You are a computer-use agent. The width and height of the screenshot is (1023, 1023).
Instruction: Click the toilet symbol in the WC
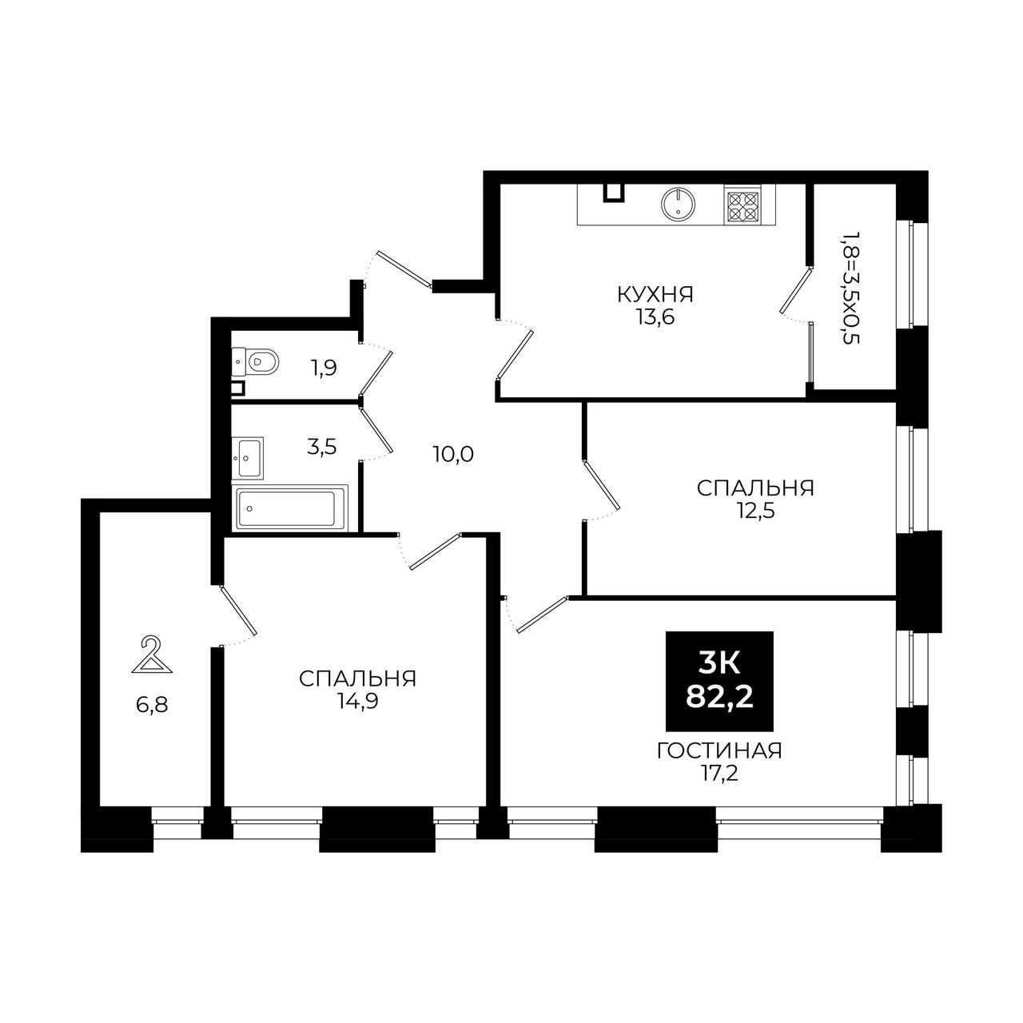point(256,362)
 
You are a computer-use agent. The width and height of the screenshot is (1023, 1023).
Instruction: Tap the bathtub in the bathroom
point(289,508)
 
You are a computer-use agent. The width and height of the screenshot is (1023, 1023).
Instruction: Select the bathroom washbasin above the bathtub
point(248,458)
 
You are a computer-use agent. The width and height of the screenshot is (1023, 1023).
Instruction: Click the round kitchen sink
point(678,203)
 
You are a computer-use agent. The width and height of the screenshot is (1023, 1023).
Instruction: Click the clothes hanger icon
point(152,655)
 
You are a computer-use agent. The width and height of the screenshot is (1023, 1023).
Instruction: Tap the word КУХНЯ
point(655,294)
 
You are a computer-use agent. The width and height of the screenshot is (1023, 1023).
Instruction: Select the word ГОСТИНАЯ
point(719,751)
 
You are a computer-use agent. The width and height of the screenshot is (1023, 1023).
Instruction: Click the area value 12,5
point(755,511)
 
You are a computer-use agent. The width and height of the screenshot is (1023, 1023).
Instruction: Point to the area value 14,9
point(357,702)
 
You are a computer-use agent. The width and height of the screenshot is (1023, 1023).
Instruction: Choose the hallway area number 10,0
point(453,455)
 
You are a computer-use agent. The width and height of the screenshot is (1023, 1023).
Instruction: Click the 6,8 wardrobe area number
point(152,706)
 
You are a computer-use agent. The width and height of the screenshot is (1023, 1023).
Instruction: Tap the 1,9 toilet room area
point(324,368)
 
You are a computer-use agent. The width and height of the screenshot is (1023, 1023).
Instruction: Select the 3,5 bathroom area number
point(322,447)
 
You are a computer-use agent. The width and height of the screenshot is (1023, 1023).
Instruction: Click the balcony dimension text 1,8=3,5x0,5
point(850,288)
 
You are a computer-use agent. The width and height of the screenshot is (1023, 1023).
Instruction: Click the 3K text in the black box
point(720,664)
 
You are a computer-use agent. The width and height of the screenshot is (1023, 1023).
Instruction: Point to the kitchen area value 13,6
point(655,317)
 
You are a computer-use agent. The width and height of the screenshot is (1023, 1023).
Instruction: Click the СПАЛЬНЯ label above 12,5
point(755,488)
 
